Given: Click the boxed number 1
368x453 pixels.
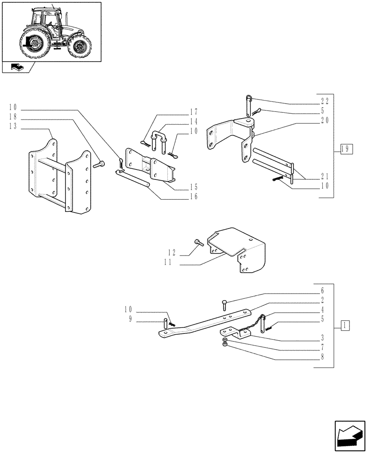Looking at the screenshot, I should [345, 325].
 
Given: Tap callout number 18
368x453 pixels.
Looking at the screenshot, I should [12, 117].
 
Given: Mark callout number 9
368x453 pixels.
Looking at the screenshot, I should [130, 320].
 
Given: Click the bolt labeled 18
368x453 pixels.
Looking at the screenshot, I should [99, 165].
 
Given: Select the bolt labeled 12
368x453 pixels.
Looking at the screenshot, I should [198, 243].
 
